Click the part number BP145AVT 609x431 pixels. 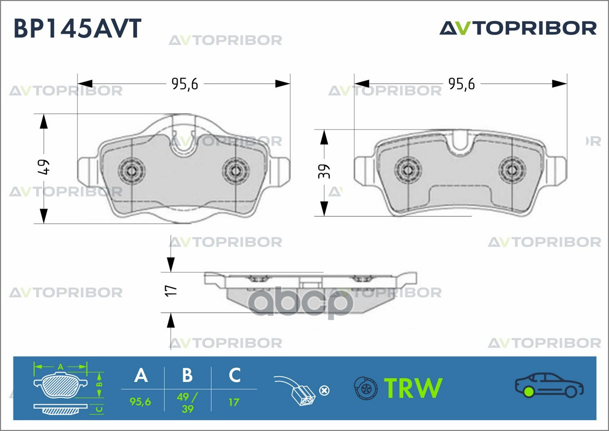(78, 28)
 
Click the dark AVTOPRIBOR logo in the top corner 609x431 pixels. (518, 28)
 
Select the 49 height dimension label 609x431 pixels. (43, 167)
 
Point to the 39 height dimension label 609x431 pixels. (324, 171)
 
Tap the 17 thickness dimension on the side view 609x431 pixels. (170, 291)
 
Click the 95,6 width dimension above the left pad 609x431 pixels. (185, 84)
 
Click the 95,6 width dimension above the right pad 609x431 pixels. (462, 84)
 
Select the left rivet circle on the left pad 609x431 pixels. (132, 171)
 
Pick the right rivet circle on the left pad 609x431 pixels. (236, 171)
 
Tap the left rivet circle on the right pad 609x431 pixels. (408, 170)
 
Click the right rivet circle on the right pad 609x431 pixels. (512, 170)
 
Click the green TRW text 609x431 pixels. (413, 388)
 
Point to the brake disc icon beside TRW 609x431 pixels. (366, 388)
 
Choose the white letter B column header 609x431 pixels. (187, 375)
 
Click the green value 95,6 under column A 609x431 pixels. (140, 402)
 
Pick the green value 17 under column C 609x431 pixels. (234, 402)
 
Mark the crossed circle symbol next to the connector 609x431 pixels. (324, 391)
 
